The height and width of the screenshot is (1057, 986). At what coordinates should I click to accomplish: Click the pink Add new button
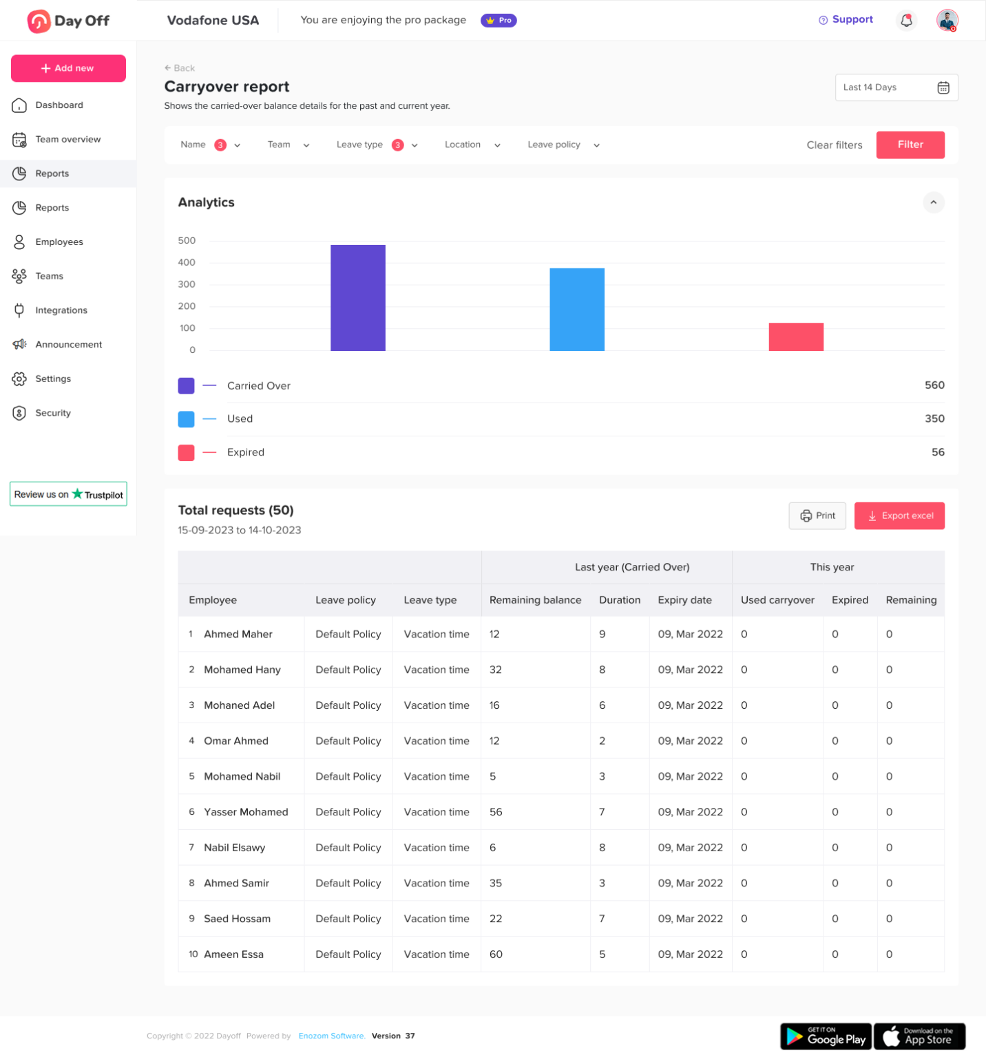click(x=68, y=68)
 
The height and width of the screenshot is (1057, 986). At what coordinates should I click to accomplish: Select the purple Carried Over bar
click(x=357, y=298)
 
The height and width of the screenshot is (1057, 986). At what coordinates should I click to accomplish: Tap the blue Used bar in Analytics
click(x=576, y=310)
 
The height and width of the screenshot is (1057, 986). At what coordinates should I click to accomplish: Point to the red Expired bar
click(x=795, y=337)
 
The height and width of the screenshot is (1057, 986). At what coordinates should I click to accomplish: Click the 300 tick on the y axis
click(x=187, y=284)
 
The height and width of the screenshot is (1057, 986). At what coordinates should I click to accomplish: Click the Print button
click(x=817, y=515)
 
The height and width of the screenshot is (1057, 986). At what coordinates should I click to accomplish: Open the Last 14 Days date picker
click(x=896, y=87)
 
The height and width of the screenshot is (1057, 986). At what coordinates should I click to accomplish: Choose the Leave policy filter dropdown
click(x=563, y=145)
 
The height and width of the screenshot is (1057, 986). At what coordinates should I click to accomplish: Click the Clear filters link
click(x=834, y=145)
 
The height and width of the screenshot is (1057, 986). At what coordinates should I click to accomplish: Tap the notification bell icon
click(x=906, y=21)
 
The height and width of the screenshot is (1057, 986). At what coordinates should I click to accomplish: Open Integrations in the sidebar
click(x=61, y=310)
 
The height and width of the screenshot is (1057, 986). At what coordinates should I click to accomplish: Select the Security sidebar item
click(x=53, y=413)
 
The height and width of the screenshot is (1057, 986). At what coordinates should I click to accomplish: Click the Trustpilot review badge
click(x=68, y=494)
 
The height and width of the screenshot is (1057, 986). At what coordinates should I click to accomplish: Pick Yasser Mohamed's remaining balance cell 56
click(x=496, y=812)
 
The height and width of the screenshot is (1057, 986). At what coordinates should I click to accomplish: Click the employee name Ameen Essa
click(x=233, y=954)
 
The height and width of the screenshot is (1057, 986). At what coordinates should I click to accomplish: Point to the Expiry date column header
click(x=684, y=600)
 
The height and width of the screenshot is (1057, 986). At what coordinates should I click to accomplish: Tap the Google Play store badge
click(x=826, y=1036)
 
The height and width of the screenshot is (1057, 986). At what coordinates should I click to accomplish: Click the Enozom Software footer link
click(x=331, y=1036)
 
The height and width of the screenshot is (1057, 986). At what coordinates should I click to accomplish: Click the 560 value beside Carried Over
click(x=934, y=385)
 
